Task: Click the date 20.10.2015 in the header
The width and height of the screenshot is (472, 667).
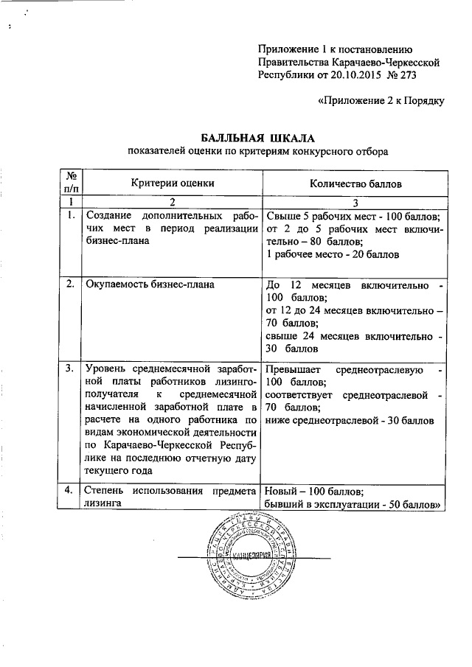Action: coord(352,74)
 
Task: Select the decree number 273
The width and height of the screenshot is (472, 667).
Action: coord(412,74)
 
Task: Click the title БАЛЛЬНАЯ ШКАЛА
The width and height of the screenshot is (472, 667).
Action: coord(257,138)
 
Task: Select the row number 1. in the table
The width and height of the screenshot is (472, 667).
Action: coord(70,216)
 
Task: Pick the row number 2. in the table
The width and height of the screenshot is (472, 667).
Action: coord(70,285)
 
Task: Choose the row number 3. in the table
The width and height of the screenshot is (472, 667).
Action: coord(70,368)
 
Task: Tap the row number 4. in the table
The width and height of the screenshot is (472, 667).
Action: coord(70,490)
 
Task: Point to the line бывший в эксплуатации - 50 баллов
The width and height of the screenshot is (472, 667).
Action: coord(353,504)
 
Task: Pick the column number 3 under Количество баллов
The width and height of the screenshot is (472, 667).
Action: coord(355,201)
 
